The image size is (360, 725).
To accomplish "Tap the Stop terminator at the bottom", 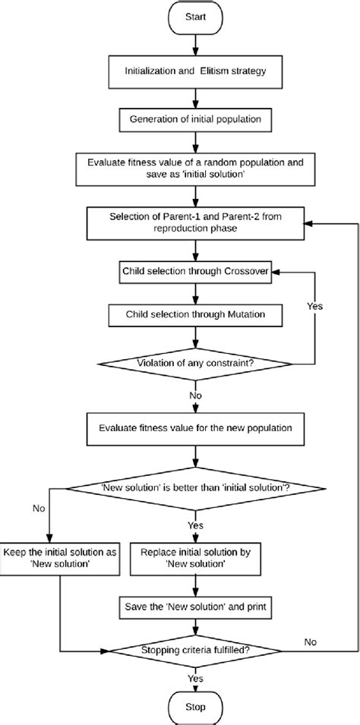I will click(x=197, y=707).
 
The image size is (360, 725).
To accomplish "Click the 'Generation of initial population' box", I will click(x=197, y=119).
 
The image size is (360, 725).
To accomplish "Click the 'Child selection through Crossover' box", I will click(x=197, y=270).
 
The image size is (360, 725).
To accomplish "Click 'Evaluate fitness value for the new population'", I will click(x=197, y=428).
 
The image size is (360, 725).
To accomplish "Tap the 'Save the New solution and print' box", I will click(x=197, y=607).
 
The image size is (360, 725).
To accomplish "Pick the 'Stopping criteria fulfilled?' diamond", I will click(x=197, y=650).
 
